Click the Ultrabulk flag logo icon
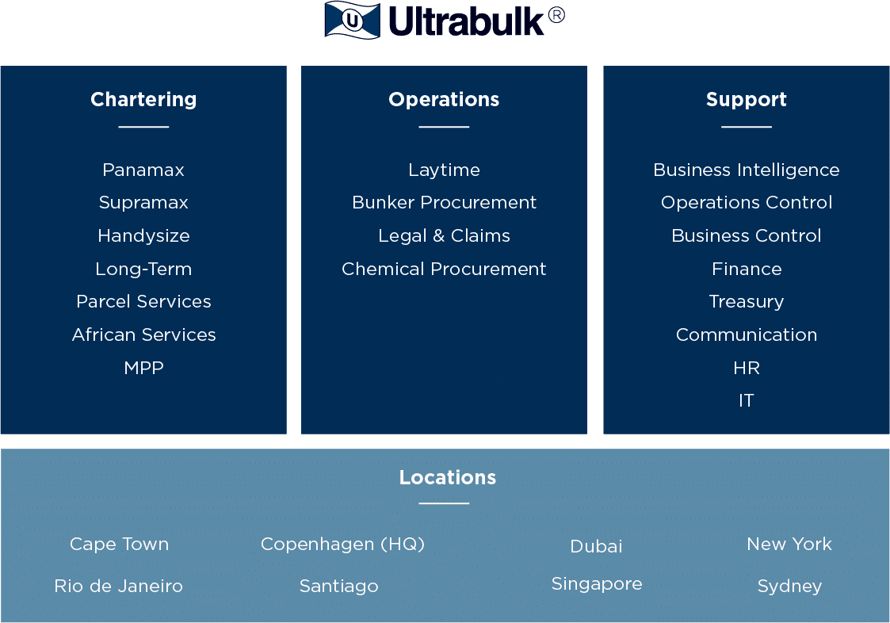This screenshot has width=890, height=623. [x=353, y=21]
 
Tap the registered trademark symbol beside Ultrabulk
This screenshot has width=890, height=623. [x=557, y=15]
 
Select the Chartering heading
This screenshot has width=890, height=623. [x=143, y=99]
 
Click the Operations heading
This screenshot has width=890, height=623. [x=444, y=99]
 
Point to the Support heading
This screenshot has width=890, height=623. [x=747, y=99]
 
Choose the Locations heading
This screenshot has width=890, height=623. [x=447, y=478]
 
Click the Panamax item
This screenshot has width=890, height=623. [x=143, y=170]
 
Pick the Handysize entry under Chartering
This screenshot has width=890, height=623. [x=143, y=235]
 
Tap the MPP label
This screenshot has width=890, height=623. [x=143, y=368]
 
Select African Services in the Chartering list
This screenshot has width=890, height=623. [x=143, y=335]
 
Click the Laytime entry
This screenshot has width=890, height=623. [x=444, y=170]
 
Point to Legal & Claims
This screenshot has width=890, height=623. [x=444, y=235]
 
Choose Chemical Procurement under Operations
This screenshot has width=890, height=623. [x=444, y=269]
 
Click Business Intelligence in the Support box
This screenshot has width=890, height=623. [x=747, y=170]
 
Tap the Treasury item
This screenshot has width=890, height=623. [x=747, y=302]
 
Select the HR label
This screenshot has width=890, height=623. [x=747, y=368]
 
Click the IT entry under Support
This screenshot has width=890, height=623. [x=747, y=401]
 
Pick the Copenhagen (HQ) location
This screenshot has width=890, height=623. [x=342, y=545]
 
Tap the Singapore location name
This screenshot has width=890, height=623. [x=597, y=584]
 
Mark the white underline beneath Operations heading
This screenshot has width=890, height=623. [x=444, y=127]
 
